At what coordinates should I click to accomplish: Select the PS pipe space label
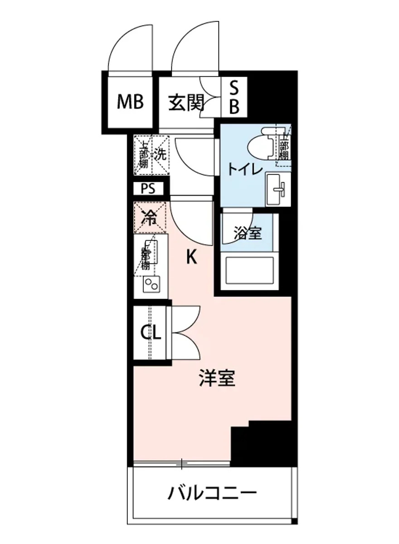[147, 188]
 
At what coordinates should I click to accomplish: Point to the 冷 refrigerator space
[150, 218]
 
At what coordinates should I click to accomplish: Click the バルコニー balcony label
[212, 492]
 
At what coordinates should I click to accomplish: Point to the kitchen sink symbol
[150, 252]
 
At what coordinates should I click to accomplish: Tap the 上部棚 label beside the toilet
[284, 147]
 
